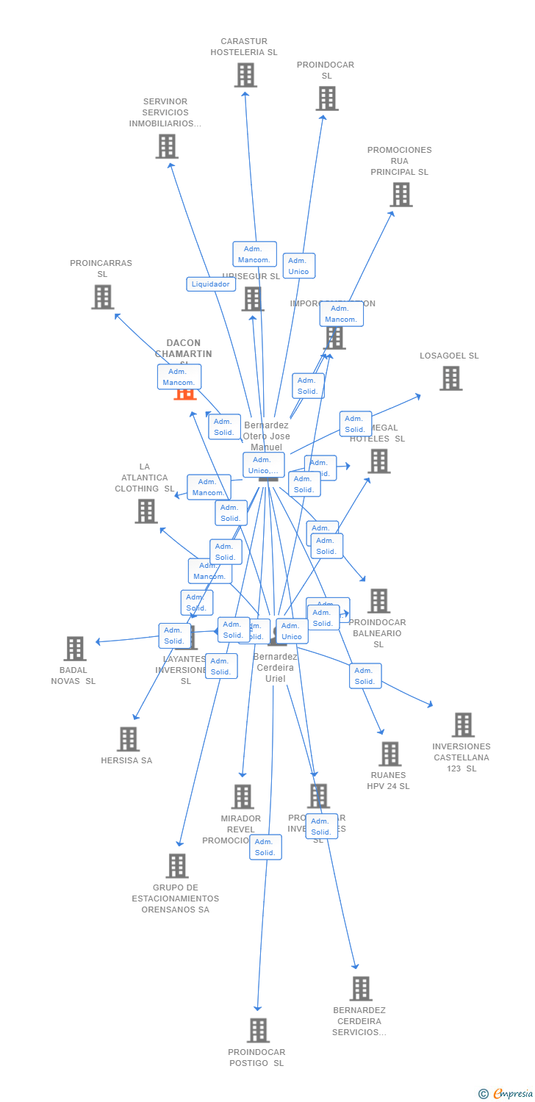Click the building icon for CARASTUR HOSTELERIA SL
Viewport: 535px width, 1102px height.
pyautogui.click(x=245, y=75)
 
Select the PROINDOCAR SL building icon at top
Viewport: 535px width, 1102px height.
pyautogui.click(x=327, y=98)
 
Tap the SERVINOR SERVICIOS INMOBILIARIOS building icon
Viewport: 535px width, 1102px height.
pyautogui.click(x=167, y=146)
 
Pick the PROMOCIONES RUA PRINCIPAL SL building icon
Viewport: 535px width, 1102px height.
pyautogui.click(x=401, y=195)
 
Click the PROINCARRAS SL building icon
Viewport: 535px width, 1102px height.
pyautogui.click(x=102, y=297)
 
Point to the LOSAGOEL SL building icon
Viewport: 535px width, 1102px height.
pyautogui.click(x=450, y=378)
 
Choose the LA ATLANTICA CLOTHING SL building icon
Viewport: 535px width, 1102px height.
pyautogui.click(x=146, y=511)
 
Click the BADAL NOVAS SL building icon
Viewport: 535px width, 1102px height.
pyautogui.click(x=75, y=649)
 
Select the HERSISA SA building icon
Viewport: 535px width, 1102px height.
pyautogui.click(x=128, y=739)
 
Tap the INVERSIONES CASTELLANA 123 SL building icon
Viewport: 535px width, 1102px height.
pyautogui.click(x=463, y=725)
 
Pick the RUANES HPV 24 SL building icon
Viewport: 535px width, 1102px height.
pyautogui.click(x=389, y=754)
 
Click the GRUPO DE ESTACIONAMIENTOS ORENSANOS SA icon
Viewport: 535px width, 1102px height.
pyautogui.click(x=176, y=866)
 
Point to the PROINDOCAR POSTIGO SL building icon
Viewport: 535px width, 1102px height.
pyautogui.click(x=258, y=1031)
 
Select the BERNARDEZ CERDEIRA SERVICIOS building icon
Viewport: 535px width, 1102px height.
pyautogui.click(x=361, y=989)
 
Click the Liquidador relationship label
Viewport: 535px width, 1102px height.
pyautogui.click(x=211, y=284)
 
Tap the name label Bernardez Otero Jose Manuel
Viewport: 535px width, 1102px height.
pyautogui.click(x=266, y=436)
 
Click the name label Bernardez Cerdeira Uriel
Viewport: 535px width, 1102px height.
pyautogui.click(x=276, y=667)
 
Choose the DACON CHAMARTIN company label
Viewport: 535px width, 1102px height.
pyautogui.click(x=183, y=348)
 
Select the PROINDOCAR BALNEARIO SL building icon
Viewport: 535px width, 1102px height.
pyautogui.click(x=378, y=601)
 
